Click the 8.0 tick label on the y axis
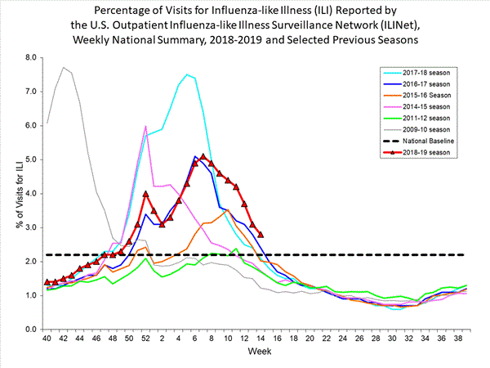(30, 57)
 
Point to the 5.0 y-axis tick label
(30, 159)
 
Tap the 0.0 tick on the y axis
(30, 329)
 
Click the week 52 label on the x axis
(145, 339)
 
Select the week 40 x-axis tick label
(47, 339)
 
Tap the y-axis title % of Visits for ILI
(11, 194)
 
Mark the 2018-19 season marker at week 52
(145, 194)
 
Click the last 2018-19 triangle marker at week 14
(260, 235)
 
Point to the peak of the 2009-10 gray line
(64, 68)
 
